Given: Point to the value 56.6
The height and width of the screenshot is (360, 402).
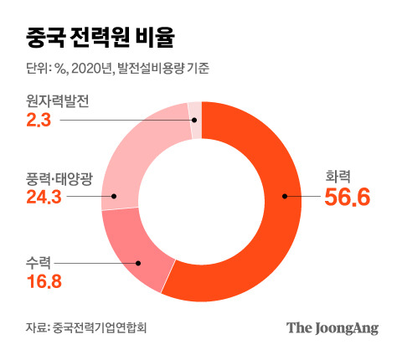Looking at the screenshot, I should (347, 198).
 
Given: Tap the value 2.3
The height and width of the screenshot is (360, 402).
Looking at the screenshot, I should (39, 122).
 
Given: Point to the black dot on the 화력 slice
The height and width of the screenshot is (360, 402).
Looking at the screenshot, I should (285, 198).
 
